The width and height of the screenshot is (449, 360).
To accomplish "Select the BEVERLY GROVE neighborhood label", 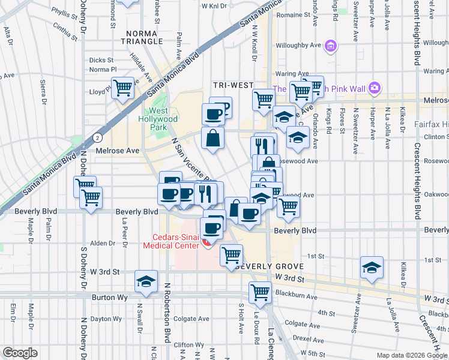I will point(266,266).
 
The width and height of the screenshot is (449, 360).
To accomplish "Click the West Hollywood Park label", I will point(163,115).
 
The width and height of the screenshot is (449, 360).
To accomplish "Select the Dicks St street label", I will point(101,60).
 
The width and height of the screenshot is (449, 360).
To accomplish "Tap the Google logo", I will point(20,352).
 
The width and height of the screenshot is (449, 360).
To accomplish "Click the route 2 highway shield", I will point(97,137).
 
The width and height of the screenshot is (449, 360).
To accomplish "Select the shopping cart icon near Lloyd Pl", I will point(122,88).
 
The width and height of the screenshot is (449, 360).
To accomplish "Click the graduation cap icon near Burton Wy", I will point(146,281).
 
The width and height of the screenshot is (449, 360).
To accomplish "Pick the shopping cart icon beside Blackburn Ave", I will point(261,292).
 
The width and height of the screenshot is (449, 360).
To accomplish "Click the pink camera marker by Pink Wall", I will point(375,88).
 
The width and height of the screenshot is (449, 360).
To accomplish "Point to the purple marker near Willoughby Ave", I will point(330,45).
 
